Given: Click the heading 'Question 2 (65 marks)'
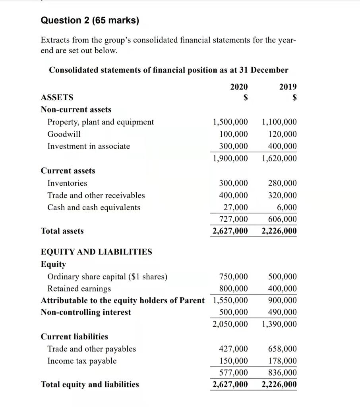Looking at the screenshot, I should (x=90, y=20).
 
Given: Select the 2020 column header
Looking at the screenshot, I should (x=239, y=87).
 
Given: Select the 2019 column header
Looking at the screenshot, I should (x=288, y=87).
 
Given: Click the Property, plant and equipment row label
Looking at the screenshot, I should (x=101, y=122).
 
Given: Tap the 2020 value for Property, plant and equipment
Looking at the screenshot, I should (x=230, y=122).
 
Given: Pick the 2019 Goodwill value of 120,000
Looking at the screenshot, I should (x=282, y=134).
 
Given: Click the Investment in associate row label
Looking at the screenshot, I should (x=89, y=146).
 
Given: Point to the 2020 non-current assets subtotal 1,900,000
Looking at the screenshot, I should (x=230, y=159).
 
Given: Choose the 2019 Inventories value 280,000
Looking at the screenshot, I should (x=282, y=183).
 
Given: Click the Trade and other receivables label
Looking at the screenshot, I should (x=96, y=196).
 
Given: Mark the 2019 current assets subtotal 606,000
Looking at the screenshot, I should (x=282, y=219).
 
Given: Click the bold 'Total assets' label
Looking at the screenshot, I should (x=62, y=231).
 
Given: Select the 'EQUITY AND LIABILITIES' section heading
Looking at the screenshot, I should (x=97, y=252).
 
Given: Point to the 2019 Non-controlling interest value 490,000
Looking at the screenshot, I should (x=282, y=312).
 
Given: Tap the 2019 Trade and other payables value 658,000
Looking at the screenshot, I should (x=282, y=349).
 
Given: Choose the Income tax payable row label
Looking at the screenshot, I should (x=82, y=361).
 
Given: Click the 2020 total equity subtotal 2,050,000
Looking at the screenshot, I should (x=230, y=324).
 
